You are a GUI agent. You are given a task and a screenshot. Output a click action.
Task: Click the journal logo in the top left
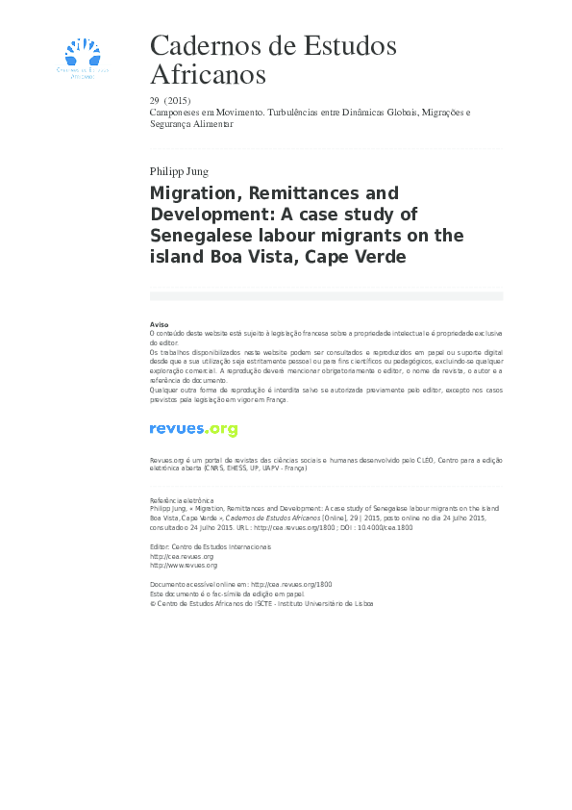[x=84, y=57]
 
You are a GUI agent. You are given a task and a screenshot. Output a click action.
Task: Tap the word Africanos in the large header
[x=208, y=74]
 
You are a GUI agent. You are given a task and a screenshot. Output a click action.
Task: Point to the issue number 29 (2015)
[x=170, y=101]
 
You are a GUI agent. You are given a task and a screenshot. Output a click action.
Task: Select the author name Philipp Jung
[x=180, y=172]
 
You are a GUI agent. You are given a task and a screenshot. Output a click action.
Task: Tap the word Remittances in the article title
[x=308, y=193]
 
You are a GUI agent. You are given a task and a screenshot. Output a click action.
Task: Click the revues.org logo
[x=193, y=430]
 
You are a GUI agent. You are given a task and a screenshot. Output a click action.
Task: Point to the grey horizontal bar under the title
[x=326, y=296]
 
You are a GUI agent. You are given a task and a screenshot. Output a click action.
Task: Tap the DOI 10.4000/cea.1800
[x=390, y=528]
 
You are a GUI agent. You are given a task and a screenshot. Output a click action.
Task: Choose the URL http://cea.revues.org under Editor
[x=182, y=556]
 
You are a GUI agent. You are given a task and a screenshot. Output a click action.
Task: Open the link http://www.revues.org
[x=184, y=566]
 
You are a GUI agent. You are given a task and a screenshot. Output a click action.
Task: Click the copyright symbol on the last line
[x=153, y=604]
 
